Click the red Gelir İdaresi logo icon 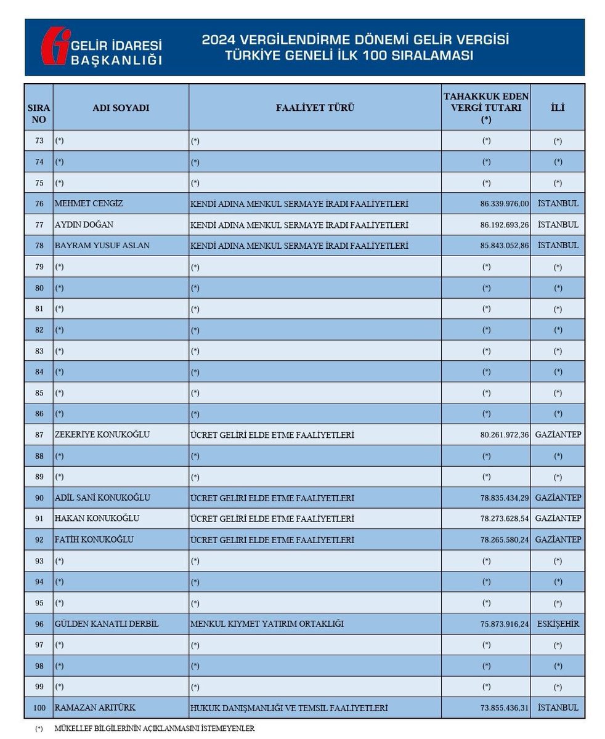[56, 46]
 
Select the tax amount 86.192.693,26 [504, 225]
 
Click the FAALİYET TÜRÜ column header [315, 108]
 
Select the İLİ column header [558, 108]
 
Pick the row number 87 [39, 435]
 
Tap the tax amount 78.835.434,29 [504, 498]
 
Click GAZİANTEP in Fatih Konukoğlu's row [558, 539]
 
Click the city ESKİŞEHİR [558, 624]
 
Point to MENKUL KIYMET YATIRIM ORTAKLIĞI [267, 624]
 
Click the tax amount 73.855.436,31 [504, 708]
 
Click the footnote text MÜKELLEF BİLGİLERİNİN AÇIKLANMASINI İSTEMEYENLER [154, 729]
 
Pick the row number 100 [39, 708]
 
